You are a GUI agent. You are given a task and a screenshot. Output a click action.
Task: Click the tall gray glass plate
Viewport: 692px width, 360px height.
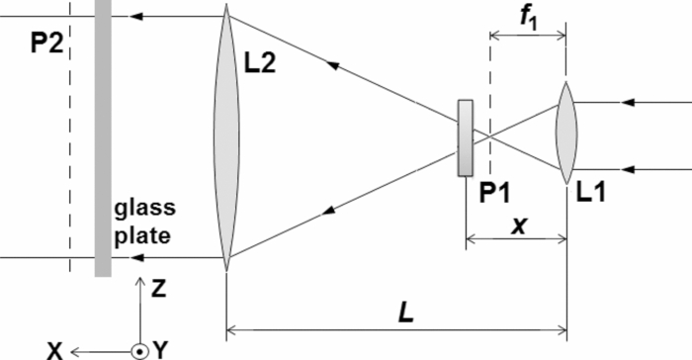point(103,138)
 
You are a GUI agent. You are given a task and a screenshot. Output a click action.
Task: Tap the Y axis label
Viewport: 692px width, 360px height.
point(160,349)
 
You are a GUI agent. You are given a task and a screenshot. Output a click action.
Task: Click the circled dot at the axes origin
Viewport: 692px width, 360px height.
point(140,349)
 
